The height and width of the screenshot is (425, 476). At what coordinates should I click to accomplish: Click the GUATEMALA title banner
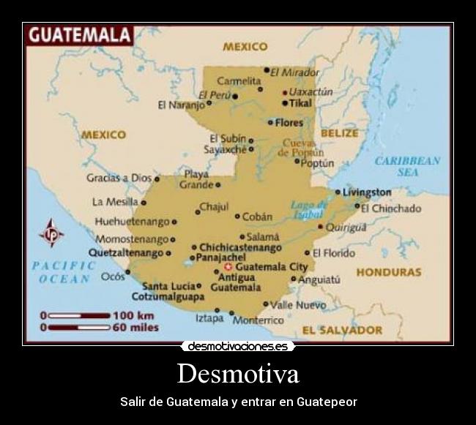pyautogui.click(x=78, y=34)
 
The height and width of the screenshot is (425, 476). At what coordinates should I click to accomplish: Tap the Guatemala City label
pyautogui.click(x=272, y=267)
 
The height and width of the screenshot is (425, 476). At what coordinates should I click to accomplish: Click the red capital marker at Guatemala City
pyautogui.click(x=228, y=267)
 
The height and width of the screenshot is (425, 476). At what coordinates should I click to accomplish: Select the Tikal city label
pyautogui.click(x=300, y=103)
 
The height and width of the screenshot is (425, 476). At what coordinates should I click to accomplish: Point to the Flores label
pyautogui.click(x=289, y=122)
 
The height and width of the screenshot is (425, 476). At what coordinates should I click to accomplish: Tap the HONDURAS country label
pyautogui.click(x=388, y=272)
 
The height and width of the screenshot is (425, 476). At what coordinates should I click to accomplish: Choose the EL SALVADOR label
pyautogui.click(x=342, y=330)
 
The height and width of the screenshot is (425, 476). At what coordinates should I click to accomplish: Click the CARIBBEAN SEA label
pyautogui.click(x=408, y=166)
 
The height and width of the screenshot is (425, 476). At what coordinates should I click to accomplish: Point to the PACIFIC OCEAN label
pyautogui.click(x=64, y=271)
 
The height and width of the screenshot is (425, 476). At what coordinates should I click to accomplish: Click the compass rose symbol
pyautogui.click(x=51, y=233)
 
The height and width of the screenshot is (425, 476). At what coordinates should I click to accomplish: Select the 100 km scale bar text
pyautogui.click(x=133, y=315)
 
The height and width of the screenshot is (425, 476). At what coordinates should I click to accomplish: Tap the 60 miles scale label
pyautogui.click(x=133, y=328)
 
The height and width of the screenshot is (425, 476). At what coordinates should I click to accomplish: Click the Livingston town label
pyautogui.click(x=368, y=192)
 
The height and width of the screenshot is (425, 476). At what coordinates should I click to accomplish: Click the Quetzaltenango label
pyautogui.click(x=126, y=252)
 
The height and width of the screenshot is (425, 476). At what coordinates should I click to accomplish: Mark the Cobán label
pyautogui.click(x=257, y=217)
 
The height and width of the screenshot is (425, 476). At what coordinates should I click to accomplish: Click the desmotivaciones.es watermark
pyautogui.click(x=237, y=346)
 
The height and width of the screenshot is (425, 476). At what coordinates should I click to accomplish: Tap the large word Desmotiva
pyautogui.click(x=238, y=374)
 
